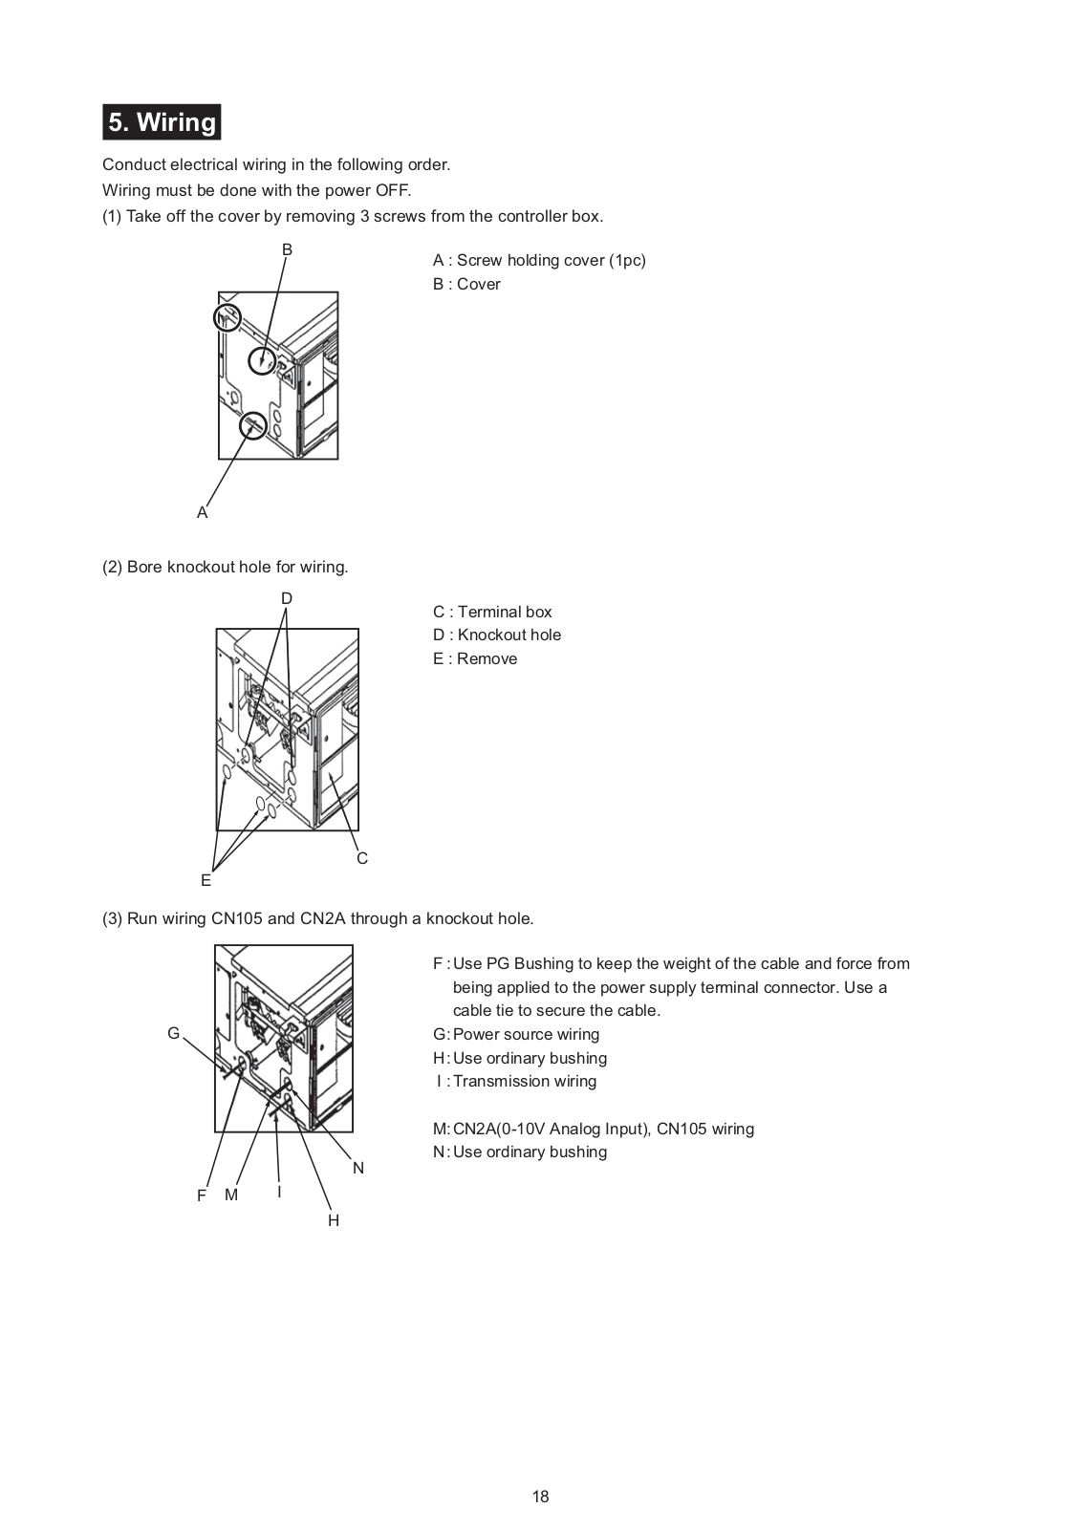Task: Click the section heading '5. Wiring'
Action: point(162,122)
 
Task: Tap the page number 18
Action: point(541,1497)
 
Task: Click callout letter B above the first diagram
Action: point(287,249)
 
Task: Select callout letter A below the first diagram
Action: point(202,513)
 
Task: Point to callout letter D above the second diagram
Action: point(287,599)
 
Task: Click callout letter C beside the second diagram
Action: point(362,858)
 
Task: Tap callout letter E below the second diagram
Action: point(206,880)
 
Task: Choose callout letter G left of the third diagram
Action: point(173,1033)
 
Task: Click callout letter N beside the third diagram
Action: point(358,1168)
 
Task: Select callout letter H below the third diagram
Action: point(334,1220)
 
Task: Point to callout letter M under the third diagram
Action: point(230,1195)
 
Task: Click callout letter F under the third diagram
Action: point(202,1195)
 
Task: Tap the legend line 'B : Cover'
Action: point(466,284)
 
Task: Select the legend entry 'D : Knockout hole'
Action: point(497,635)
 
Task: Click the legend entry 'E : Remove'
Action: point(475,658)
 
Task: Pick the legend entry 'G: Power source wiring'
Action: point(516,1034)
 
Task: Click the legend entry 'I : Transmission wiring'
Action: point(516,1081)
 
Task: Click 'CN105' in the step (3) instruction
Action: point(237,918)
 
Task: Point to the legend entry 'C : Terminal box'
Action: point(492,612)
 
